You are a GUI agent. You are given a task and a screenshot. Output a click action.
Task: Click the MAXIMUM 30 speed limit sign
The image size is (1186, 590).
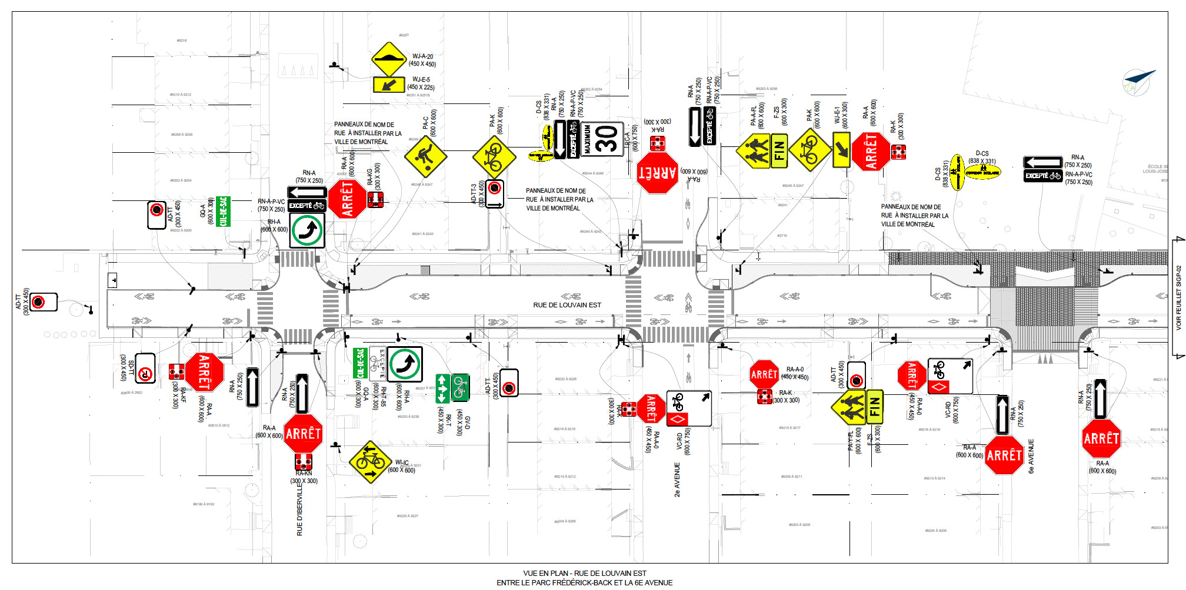602,139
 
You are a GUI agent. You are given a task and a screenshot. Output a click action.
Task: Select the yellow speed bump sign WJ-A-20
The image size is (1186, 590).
390,59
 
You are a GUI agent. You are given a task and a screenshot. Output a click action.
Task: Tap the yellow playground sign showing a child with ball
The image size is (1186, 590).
425,157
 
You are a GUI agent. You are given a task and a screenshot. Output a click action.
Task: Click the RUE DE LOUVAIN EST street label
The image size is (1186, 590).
567,305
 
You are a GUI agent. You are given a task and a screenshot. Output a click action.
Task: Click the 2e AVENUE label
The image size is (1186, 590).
677,480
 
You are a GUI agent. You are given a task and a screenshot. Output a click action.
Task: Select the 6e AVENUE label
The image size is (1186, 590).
1031,456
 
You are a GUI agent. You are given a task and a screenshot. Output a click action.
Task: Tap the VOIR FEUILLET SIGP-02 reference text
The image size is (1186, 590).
1178,297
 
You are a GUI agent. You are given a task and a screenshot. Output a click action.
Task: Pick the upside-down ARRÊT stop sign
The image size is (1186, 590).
658,172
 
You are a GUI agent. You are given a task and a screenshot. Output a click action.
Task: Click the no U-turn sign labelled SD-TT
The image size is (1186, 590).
145,368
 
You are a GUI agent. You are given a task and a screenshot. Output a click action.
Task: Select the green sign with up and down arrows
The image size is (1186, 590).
443,388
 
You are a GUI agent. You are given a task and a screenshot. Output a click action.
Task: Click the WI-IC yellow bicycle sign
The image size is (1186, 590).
371,462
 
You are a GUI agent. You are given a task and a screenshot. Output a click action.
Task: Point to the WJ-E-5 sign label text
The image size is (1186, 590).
421,79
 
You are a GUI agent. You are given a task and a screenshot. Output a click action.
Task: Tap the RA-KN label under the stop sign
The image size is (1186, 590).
304,473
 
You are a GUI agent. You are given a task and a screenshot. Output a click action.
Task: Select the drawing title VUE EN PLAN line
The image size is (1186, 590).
584,573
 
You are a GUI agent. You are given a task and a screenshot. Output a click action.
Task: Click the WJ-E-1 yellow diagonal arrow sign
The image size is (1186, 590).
841,149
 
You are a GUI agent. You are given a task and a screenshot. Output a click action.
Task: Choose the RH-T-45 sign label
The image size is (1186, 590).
383,398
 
